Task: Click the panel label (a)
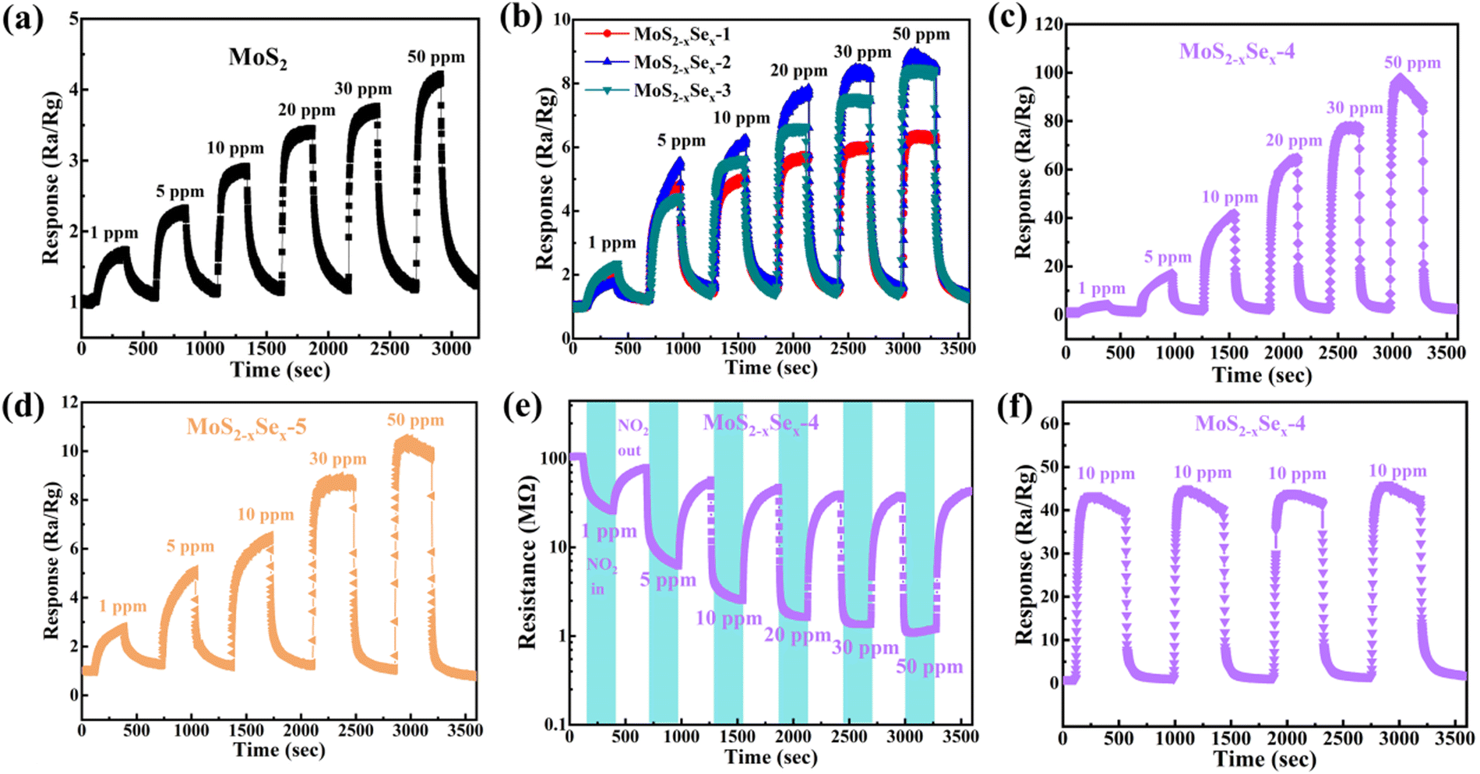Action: [x=23, y=19]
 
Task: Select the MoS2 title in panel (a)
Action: [x=258, y=58]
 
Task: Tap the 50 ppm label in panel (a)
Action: [x=435, y=57]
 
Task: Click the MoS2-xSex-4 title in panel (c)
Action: [x=1237, y=53]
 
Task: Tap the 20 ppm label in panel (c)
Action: [x=1294, y=141]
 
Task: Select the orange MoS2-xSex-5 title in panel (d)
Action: [x=246, y=427]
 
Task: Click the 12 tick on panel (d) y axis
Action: [x=69, y=403]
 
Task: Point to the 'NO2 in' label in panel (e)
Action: [x=601, y=576]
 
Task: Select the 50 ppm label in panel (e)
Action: [x=929, y=667]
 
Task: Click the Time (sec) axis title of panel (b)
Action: [x=771, y=368]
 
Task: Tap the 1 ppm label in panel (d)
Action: [x=122, y=607]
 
